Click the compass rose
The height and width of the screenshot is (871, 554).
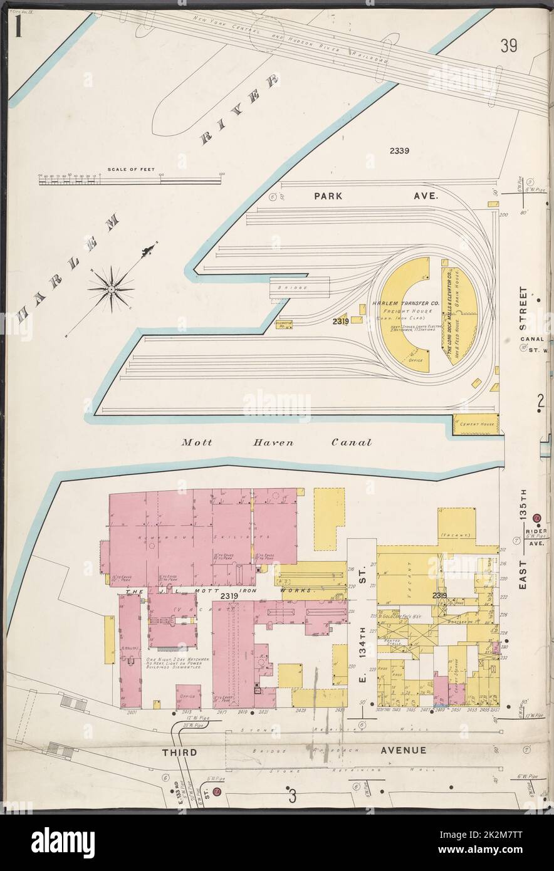coord(111,288)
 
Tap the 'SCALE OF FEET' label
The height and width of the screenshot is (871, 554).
coord(125,170)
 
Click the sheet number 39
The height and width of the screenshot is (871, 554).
coord(508,46)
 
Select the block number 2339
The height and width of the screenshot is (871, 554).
coord(399,150)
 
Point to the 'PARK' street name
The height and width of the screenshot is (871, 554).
coord(328,196)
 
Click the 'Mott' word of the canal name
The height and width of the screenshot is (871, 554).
coord(196,442)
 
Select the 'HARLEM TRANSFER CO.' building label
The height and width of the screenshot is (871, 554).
coord(400,303)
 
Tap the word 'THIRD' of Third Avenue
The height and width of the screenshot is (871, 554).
coord(180,752)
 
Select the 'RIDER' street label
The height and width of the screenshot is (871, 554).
coord(539,530)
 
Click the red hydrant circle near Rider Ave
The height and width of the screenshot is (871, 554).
coord(536,518)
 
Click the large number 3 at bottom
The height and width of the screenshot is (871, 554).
coord(292,798)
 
